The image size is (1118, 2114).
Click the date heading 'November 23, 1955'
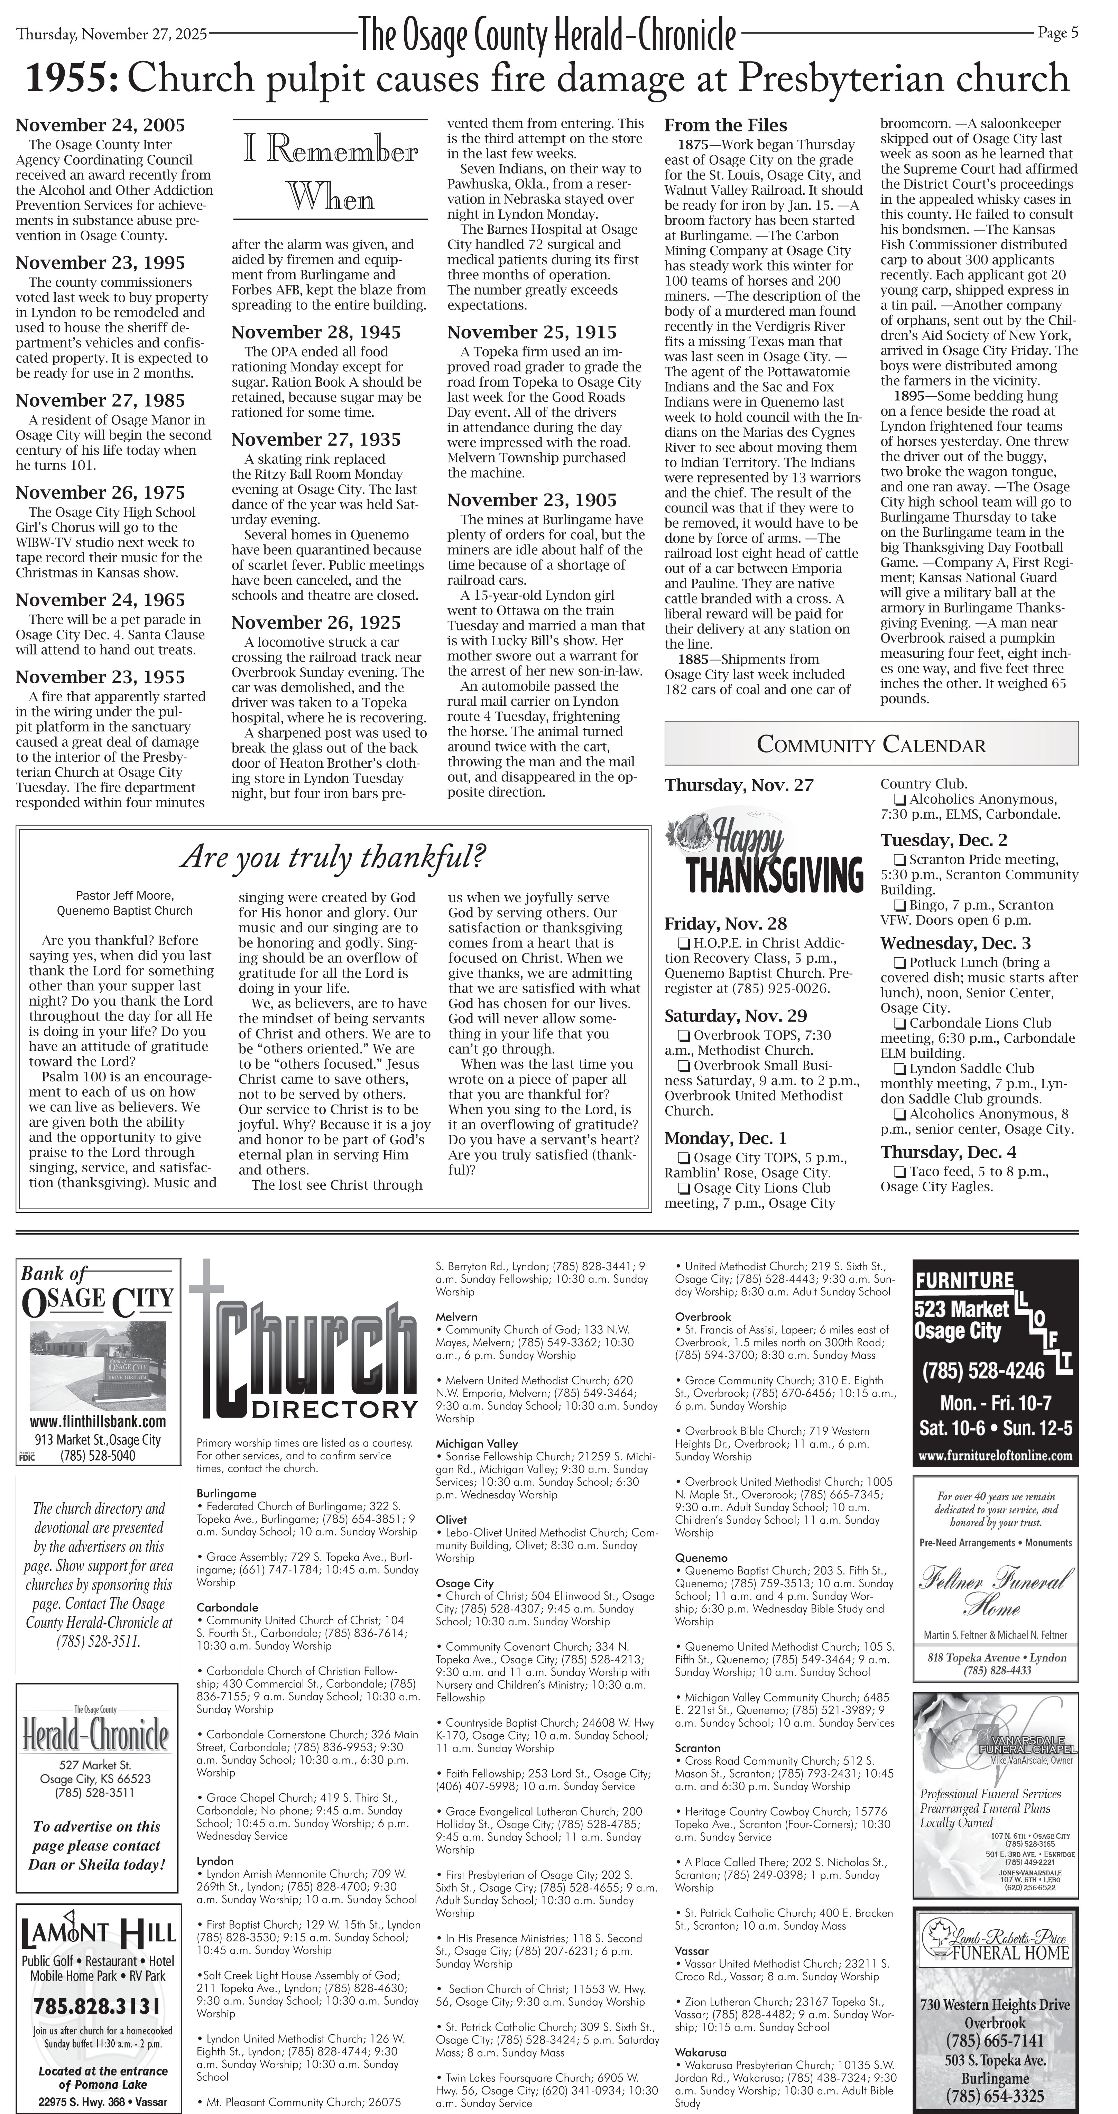click(x=100, y=677)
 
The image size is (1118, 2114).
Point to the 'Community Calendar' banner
click(x=871, y=744)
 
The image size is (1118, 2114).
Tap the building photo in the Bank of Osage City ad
click(x=98, y=1365)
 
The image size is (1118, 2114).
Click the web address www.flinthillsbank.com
click(x=98, y=1421)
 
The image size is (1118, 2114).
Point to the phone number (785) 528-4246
click(x=995, y=1370)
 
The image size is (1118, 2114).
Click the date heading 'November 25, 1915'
click(x=532, y=332)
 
